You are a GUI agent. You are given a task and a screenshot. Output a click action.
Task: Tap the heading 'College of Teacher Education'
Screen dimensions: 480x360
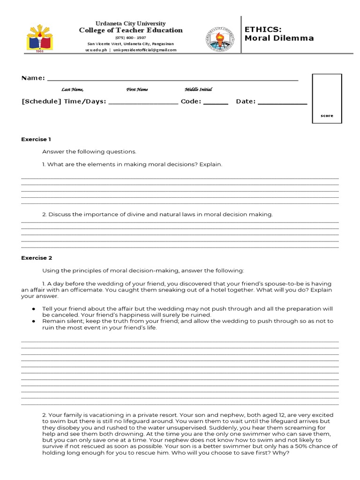click(x=131, y=30)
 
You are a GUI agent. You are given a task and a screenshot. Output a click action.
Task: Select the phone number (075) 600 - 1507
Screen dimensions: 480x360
click(x=131, y=37)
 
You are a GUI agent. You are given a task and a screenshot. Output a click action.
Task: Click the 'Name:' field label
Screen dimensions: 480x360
click(x=33, y=78)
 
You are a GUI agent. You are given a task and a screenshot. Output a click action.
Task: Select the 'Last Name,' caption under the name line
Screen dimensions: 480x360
click(x=72, y=90)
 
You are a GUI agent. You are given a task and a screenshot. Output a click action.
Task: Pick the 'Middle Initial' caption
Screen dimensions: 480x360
click(x=198, y=90)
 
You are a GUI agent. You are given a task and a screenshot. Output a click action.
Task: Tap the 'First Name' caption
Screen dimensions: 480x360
click(x=137, y=90)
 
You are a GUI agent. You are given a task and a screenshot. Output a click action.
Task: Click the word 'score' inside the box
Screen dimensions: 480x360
click(x=327, y=116)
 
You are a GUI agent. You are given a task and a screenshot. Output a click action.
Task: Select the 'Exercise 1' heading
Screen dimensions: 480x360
click(x=36, y=139)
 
